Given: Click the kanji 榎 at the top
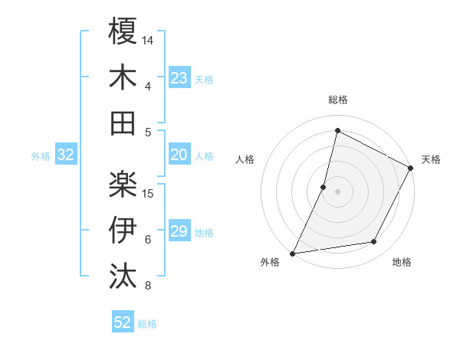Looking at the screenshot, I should pos(123,31).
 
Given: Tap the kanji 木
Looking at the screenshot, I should pos(123,77).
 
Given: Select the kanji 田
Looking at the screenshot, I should pos(123,123).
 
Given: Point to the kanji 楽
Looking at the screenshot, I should pos(123,184).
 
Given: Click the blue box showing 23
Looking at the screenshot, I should pos(179,78).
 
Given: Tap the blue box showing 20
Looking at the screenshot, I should pos(179,155).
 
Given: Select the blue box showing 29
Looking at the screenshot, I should pos(179,232).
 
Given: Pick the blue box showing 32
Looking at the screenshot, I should pos(65,155).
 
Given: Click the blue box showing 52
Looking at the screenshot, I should pos(123,323).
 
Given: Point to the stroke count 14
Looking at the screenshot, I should pos(148,39).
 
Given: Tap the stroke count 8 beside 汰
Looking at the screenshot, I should pos(148,286).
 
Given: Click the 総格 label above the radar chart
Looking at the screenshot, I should pos(337,100).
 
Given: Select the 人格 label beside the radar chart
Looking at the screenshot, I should pos(245,159).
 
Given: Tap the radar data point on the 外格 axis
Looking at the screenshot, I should pos(292,253).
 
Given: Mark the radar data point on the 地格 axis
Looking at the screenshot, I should pos(374,242).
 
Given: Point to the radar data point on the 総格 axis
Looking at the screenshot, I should pos(337,131).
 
